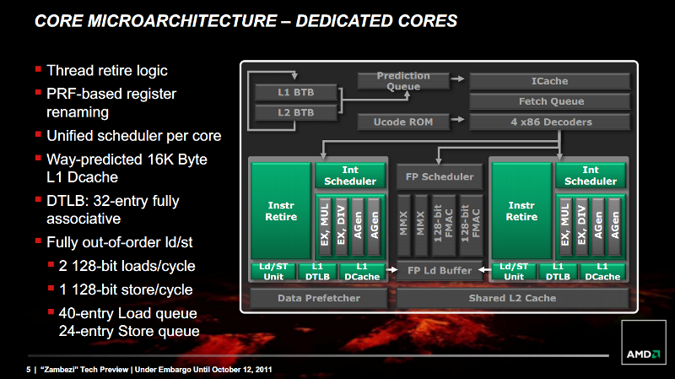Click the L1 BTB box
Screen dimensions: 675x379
pos(296,92)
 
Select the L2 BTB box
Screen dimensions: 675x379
pos(296,112)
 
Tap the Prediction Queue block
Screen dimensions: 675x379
pos(403,81)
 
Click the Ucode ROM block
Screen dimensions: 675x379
pos(403,122)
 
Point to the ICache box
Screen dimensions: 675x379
pos(549,81)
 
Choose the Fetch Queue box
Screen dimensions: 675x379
pos(549,101)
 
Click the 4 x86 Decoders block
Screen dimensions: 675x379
pos(549,122)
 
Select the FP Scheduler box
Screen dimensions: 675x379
pos(439,176)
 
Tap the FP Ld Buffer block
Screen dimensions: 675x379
pos(439,270)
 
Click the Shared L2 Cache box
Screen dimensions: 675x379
pos(512,298)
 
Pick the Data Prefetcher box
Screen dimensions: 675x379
pos(319,298)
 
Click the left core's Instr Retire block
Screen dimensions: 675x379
pos(281,211)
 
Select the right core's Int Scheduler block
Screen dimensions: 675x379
pos(590,176)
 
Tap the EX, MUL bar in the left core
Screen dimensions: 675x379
pos(325,225)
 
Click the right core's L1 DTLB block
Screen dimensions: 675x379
pos(558,272)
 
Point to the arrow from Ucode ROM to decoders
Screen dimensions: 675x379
pos(457,119)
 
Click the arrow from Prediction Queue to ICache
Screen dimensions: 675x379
pos(457,79)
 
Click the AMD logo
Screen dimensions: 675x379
pos(644,355)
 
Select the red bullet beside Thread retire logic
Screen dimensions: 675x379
pos(38,69)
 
